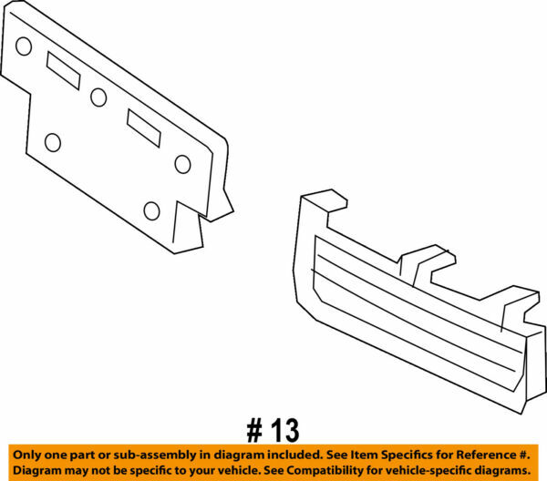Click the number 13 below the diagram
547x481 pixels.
[x=284, y=428]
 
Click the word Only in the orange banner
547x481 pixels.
[x=28, y=455]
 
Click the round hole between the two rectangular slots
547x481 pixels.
[x=98, y=97]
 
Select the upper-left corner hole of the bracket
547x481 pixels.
[x=24, y=46]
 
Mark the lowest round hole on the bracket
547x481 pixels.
[x=151, y=211]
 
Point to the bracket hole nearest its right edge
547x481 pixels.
[x=182, y=164]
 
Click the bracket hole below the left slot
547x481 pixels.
[x=53, y=142]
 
